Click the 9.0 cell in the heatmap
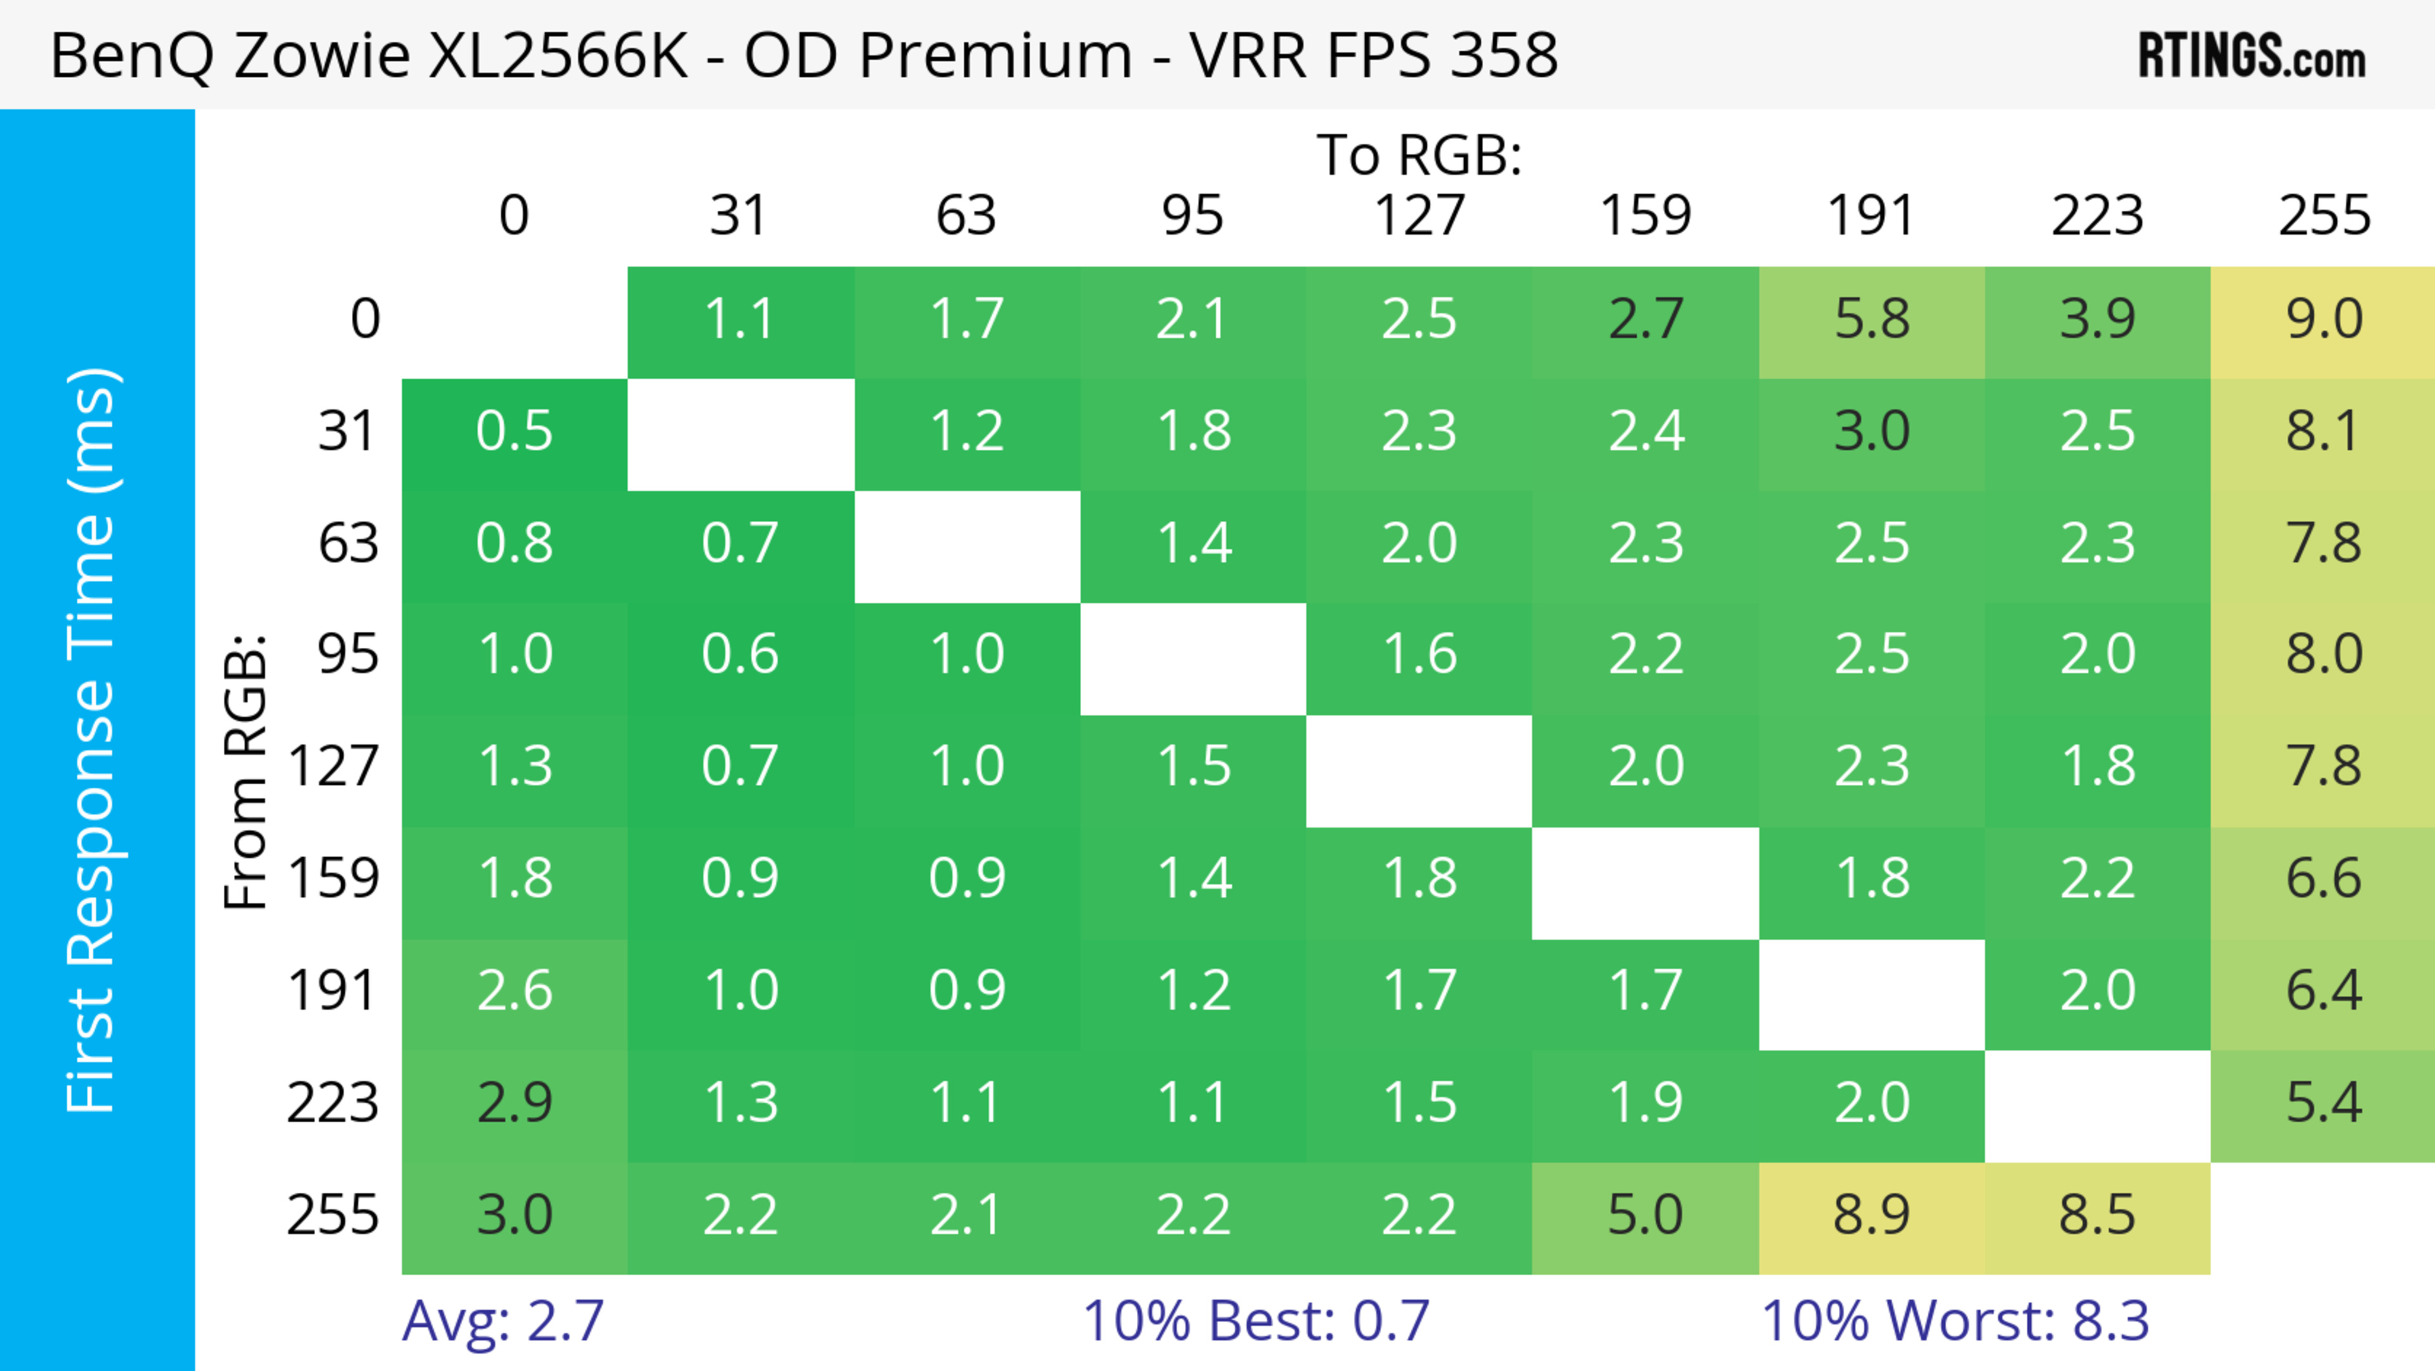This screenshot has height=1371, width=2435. coord(2323,320)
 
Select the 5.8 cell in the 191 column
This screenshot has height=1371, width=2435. coord(1872,320)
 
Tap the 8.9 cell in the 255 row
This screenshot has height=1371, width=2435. coord(1872,1215)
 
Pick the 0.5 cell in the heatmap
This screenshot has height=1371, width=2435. coord(514,432)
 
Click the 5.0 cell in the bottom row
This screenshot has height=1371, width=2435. coord(1645,1215)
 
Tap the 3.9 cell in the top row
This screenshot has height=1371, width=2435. coord(2098,320)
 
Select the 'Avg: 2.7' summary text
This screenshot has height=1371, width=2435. coord(503,1321)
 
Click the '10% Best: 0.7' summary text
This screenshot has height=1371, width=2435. coord(1256,1321)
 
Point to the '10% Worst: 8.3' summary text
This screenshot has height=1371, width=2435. coord(1955,1321)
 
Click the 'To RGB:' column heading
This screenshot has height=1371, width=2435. coord(1419,155)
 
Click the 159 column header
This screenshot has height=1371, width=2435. coord(1645,216)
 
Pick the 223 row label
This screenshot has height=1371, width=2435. coord(333,1103)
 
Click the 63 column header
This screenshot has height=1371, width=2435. coord(966,216)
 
